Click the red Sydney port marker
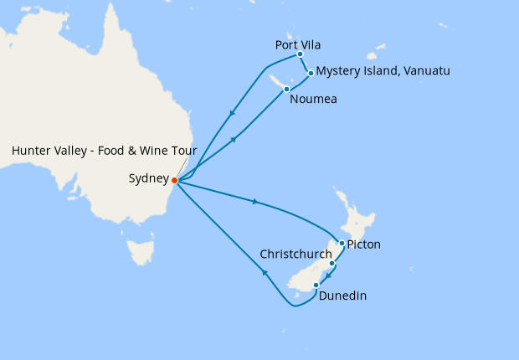[174, 180]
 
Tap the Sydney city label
[148, 178]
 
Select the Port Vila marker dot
[300, 54]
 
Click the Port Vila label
[298, 44]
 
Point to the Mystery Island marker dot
[311, 73]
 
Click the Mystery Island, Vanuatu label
[383, 71]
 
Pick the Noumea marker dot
[286, 89]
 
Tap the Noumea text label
[314, 100]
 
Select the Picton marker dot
[342, 244]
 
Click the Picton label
[364, 244]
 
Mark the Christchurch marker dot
[332, 264]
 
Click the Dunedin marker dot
[316, 285]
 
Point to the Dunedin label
[342, 296]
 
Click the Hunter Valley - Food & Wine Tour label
[104, 151]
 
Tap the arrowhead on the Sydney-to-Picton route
[254, 202]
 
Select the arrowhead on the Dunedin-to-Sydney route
[265, 272]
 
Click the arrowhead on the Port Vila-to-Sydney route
[231, 114]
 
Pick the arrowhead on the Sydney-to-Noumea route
[234, 139]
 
